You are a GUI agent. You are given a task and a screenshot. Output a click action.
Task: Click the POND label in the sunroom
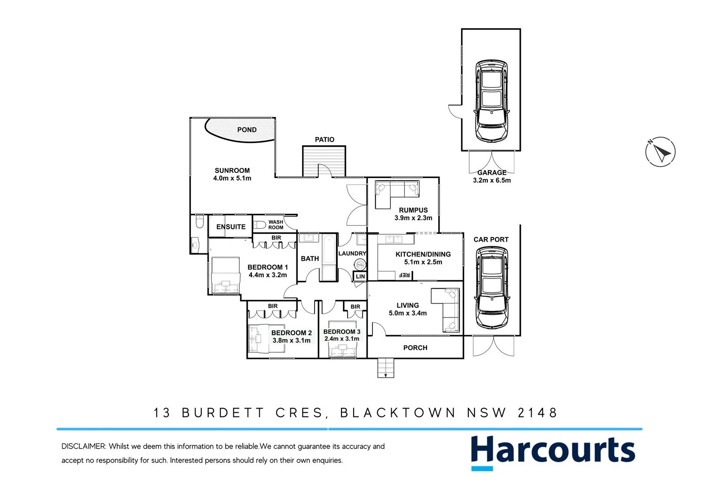tap(247, 130)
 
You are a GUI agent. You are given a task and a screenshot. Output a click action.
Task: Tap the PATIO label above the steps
tap(324, 139)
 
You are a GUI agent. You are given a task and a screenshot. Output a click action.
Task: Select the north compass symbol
tap(660, 152)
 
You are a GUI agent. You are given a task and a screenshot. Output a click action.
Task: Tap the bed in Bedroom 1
tap(225, 276)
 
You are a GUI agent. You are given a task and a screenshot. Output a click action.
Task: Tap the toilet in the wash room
tap(260, 225)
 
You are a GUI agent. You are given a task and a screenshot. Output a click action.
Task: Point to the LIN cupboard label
tap(360, 277)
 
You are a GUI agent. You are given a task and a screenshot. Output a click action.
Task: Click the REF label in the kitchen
tap(404, 275)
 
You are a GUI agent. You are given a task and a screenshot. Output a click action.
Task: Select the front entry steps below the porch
tap(385, 368)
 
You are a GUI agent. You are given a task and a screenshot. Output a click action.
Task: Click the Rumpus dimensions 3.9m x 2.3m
tap(413, 218)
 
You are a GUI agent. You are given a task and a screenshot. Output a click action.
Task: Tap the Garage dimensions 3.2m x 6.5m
tap(492, 180)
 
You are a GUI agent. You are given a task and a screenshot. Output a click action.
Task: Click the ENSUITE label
tap(231, 227)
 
